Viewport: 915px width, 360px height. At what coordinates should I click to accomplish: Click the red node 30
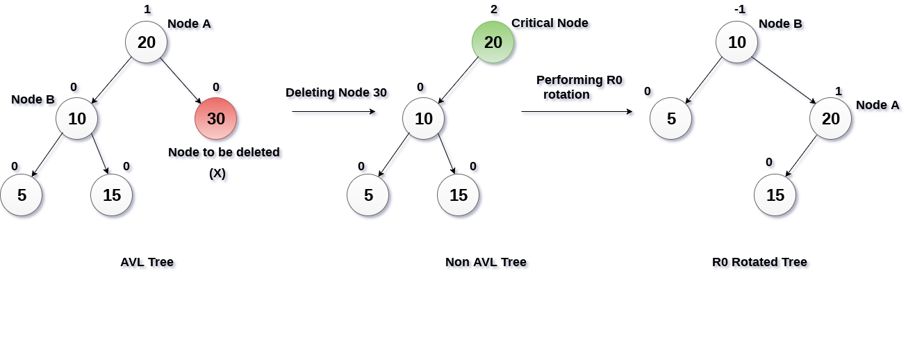(x=215, y=119)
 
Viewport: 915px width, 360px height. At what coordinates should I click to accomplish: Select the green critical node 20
(x=493, y=42)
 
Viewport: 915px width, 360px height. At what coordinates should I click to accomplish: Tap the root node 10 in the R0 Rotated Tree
(x=736, y=42)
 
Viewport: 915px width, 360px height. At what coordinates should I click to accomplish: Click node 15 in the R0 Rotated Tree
(x=775, y=195)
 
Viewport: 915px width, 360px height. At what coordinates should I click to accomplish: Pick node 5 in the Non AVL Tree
(x=368, y=195)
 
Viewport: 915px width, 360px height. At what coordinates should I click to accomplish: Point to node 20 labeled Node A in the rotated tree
(x=830, y=119)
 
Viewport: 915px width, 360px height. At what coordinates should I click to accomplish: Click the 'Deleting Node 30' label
(x=336, y=92)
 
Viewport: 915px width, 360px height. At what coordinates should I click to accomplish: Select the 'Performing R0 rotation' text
(x=578, y=87)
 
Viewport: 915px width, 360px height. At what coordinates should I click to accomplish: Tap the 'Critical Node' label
(x=550, y=23)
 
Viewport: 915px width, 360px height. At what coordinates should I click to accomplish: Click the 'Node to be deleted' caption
(x=224, y=152)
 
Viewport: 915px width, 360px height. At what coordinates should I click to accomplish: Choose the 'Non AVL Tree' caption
(x=486, y=262)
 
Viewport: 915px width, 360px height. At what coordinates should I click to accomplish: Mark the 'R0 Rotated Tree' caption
(x=759, y=262)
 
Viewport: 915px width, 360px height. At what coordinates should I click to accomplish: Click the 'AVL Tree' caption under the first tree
(x=147, y=262)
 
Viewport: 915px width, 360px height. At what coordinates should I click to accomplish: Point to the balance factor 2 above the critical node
(x=494, y=10)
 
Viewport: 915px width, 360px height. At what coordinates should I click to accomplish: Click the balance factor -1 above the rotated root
(x=739, y=10)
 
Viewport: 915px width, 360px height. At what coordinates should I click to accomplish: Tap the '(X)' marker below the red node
(x=217, y=173)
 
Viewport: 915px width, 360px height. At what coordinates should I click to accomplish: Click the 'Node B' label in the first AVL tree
(x=33, y=99)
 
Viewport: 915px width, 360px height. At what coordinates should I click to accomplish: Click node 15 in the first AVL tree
(x=111, y=195)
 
